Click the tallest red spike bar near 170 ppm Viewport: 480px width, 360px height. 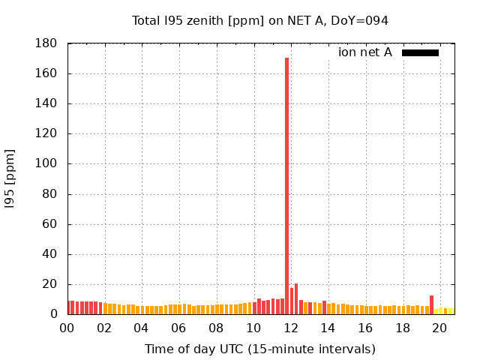[286, 180]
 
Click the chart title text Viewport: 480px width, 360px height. [259, 21]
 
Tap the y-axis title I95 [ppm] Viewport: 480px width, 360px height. [10, 178]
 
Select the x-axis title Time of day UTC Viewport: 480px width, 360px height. [259, 349]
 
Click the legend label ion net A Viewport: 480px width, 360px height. [364, 52]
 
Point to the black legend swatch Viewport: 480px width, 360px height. [420, 52]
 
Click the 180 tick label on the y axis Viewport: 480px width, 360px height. [46, 43]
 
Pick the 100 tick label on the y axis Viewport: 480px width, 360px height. [46, 163]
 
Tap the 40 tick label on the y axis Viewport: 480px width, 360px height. [50, 254]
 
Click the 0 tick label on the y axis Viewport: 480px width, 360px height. [54, 314]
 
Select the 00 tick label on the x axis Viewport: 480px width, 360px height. [67, 328]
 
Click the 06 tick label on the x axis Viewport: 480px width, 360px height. [178, 328]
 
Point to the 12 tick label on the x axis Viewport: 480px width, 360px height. [290, 328]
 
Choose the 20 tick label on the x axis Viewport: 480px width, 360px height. [439, 328]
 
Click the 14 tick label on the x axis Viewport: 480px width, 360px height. [328, 328]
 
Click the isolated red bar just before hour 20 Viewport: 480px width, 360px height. [431, 304]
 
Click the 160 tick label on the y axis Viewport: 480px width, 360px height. [46, 73]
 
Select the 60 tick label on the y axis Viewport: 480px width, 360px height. [50, 224]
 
